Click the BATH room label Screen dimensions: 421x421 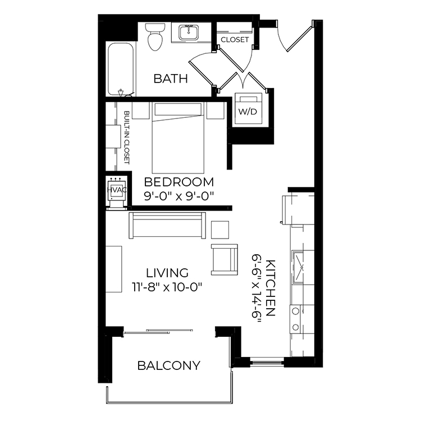coord(171,79)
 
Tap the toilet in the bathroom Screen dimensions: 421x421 coord(155,37)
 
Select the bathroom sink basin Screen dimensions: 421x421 coord(189,32)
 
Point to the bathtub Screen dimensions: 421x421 coord(121,69)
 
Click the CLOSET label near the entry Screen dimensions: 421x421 coord(235,40)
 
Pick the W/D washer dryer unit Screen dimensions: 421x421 coord(248,108)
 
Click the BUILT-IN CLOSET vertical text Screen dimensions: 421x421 coord(126,138)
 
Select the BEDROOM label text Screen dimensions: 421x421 coord(179,182)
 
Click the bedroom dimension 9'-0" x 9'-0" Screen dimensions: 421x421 coord(179,196)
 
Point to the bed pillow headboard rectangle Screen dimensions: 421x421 coord(178,109)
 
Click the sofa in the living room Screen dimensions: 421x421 coord(167,225)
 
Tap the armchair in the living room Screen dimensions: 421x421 coord(225,259)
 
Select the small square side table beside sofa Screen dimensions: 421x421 coord(220,230)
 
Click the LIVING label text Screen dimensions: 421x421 coord(167,273)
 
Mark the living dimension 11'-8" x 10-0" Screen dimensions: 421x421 coord(167,287)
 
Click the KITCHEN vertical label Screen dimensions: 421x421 coord(270,288)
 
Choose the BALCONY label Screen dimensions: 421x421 coord(169,365)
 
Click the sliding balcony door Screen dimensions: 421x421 coord(158,331)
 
